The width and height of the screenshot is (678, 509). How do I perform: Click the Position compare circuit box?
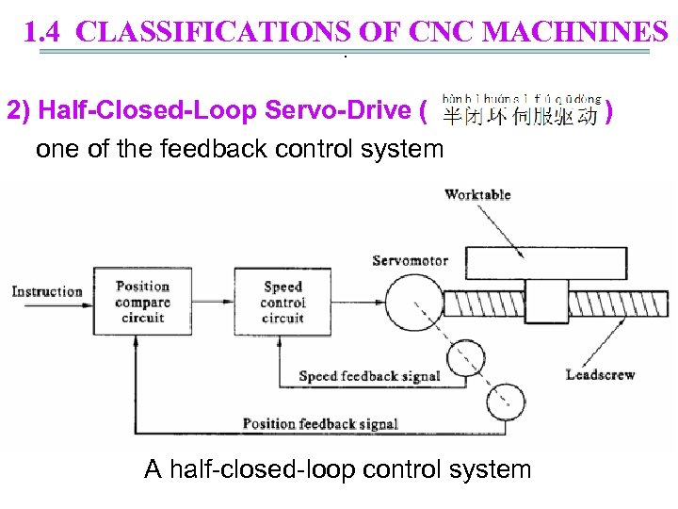pos(142,302)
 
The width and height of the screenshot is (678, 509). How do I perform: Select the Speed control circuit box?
pos(282,302)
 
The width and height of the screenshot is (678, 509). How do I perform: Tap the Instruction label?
pos(47,291)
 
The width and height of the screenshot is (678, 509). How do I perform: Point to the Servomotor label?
pos(410,261)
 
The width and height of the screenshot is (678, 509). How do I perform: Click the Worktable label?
pos(477,195)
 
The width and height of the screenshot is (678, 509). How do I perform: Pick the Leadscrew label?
pos(600,374)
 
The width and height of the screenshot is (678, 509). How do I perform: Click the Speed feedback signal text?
pos(369,376)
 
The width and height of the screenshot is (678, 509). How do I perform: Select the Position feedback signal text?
pos(320,423)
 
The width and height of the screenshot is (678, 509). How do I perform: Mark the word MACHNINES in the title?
pos(575,33)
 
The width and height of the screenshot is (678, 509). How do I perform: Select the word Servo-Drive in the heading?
pos(334,111)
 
